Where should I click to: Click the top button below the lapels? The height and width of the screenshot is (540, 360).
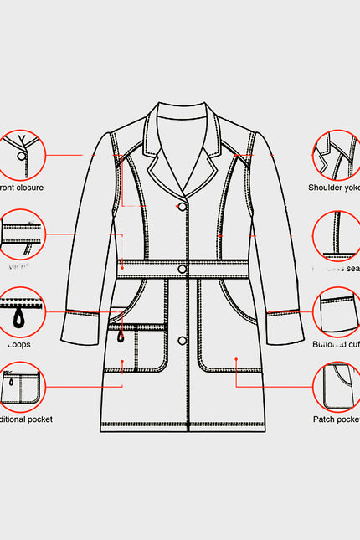182,206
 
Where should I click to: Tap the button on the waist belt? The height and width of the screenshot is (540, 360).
182,268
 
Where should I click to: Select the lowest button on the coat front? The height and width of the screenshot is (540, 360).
182,339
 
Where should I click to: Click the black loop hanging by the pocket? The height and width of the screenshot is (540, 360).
122,336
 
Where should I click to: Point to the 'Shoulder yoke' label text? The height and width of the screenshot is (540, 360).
333,188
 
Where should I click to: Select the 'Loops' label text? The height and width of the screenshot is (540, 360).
18,343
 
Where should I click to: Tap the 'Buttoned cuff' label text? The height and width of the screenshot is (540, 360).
337,343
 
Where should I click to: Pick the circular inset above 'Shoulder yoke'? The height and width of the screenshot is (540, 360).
337,155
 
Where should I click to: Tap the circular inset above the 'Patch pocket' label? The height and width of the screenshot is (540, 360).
337,386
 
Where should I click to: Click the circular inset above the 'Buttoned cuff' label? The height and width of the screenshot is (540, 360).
337,311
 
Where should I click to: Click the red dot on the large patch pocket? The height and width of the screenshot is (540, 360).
236,358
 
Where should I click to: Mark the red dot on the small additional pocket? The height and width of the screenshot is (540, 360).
123,362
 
